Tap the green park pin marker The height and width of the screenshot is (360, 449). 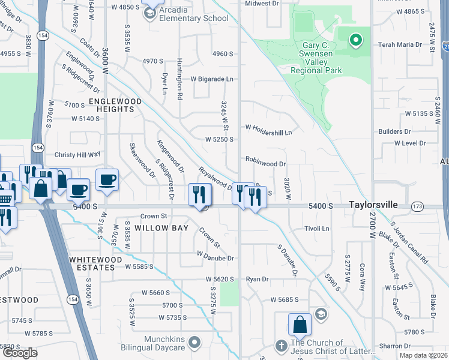[x=355, y=40]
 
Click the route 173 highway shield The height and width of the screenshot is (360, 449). [x=417, y=206]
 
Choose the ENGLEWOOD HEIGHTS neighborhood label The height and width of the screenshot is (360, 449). [x=115, y=106]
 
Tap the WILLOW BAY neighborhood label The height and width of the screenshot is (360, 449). [x=161, y=229]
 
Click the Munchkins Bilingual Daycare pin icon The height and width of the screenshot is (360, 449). [x=194, y=343]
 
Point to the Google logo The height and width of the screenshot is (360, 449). [x=20, y=353]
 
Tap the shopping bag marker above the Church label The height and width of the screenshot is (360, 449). [x=300, y=325]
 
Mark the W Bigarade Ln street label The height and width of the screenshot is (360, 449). [x=212, y=79]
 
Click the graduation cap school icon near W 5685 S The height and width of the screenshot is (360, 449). [x=321, y=314]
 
